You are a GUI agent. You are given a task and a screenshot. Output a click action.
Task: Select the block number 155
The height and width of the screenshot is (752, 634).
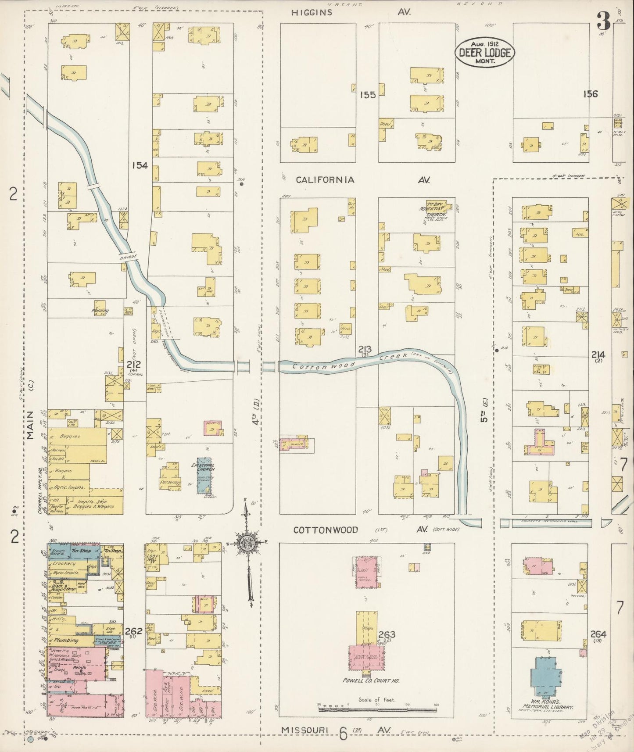[x=368, y=94]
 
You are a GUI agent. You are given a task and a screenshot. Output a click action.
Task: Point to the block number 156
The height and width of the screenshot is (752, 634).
[x=590, y=93]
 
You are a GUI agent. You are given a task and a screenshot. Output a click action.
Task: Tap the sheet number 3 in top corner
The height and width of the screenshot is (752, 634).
[x=604, y=21]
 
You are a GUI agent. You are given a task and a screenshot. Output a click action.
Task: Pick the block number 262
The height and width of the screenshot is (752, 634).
[x=133, y=631]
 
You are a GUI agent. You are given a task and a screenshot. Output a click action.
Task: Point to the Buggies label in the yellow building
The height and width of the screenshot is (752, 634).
[x=71, y=437]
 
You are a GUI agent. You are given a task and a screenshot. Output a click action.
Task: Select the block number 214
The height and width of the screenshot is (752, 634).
[x=598, y=355]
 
